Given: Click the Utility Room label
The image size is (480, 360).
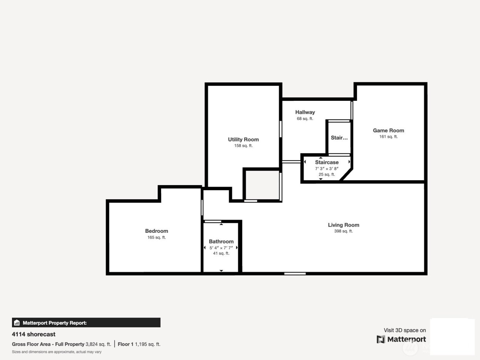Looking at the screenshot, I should (243, 140).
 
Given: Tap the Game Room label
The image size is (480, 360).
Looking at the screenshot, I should (388, 131).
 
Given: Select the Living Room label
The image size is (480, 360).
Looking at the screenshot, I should (344, 225).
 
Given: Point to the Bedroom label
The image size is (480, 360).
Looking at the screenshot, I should (157, 231).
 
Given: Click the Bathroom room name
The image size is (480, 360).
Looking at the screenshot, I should (221, 242).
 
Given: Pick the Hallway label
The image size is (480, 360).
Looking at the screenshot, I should (305, 112).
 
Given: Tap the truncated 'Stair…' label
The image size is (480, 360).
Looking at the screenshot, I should (339, 138).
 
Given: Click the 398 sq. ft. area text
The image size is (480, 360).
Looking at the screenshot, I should (344, 231).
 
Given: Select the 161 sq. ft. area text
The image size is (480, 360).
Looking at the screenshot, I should (388, 137).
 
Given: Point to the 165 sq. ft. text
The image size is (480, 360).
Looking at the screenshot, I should (157, 238).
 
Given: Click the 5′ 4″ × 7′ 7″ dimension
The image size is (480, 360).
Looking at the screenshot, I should (221, 248).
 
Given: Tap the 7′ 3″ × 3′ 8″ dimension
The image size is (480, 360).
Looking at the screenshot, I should (327, 169).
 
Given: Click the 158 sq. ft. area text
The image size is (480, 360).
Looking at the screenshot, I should (243, 146).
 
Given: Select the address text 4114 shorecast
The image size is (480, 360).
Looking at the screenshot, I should (34, 334).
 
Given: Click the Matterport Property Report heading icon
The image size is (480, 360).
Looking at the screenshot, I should (17, 323).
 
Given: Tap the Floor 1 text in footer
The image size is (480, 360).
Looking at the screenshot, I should (125, 344).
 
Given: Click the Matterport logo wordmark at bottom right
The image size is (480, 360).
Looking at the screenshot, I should (407, 339).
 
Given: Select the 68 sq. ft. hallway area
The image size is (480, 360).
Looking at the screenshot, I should (305, 119).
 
